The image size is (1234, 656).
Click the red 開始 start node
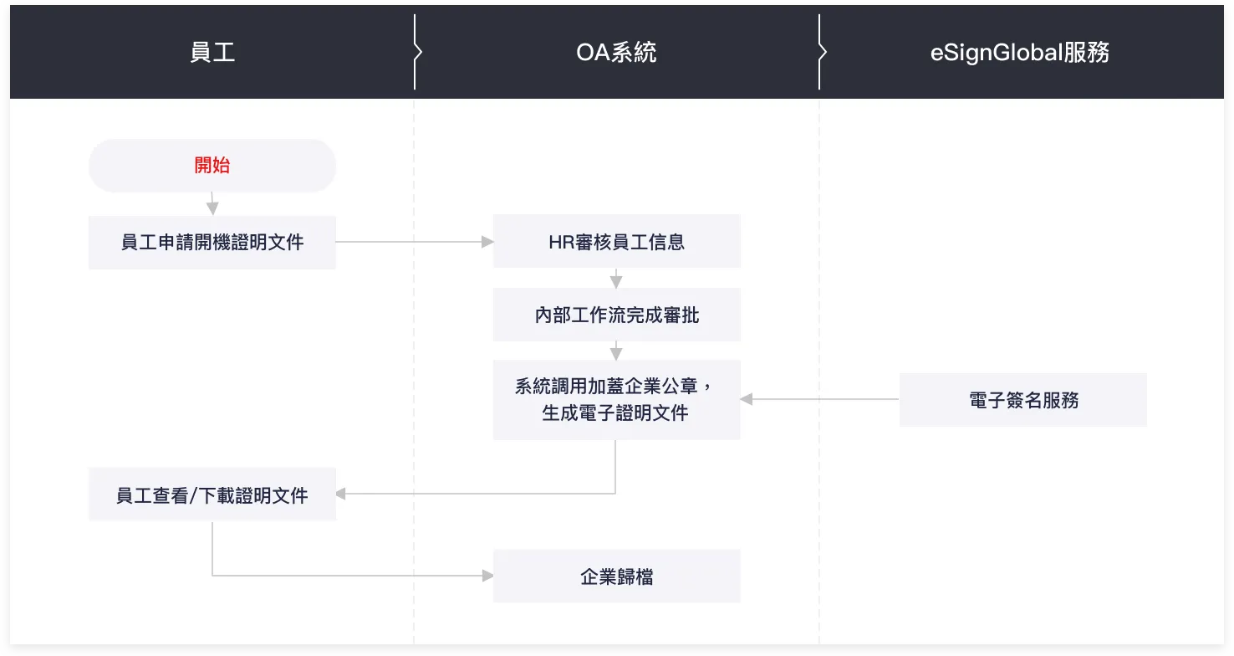[x=212, y=166]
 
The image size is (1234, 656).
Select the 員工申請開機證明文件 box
[x=212, y=243]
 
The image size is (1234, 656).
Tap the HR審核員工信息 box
[x=616, y=242]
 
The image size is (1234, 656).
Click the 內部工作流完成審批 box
[x=616, y=315]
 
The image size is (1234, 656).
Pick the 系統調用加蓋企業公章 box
[x=616, y=400]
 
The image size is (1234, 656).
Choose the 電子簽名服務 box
[x=1022, y=400]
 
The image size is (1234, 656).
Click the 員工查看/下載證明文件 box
[x=212, y=495]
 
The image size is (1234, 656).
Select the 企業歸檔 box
[x=616, y=576]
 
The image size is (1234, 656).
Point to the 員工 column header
[x=212, y=52]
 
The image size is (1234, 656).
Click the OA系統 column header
[x=616, y=52]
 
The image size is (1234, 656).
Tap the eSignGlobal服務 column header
[x=1020, y=52]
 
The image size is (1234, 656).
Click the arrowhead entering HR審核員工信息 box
[x=487, y=242]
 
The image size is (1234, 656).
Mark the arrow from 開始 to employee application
[x=212, y=203]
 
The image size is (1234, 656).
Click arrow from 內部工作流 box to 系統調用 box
[x=616, y=351]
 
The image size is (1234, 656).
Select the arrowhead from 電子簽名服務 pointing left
[x=747, y=400]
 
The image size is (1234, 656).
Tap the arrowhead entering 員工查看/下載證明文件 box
[x=341, y=494]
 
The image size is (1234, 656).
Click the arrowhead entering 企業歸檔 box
[x=487, y=576]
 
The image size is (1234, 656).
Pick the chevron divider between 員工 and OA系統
[x=417, y=52]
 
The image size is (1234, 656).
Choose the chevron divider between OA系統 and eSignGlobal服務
[x=822, y=52]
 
